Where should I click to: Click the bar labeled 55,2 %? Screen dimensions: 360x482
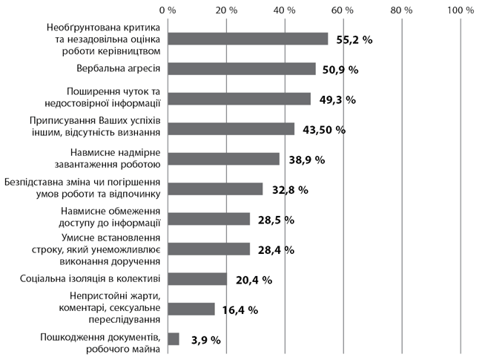[x=248, y=39]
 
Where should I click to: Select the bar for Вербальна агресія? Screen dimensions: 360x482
[x=242, y=69]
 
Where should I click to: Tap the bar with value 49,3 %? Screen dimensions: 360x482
[x=239, y=99]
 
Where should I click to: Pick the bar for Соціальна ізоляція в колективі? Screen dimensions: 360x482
[x=197, y=279]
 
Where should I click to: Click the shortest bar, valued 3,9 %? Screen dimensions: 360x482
[x=174, y=339]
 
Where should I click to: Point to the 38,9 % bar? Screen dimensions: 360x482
[x=224, y=159]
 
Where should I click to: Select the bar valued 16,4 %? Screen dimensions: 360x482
[x=191, y=309]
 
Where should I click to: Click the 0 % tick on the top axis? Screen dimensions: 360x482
[x=168, y=10]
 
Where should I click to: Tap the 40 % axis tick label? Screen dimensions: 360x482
[x=285, y=10]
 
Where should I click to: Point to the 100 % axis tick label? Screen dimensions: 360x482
[x=460, y=10]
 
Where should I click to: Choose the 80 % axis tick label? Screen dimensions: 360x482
[x=401, y=10]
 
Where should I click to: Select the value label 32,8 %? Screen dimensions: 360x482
[x=290, y=190]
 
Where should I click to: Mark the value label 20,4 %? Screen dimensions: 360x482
[x=254, y=281]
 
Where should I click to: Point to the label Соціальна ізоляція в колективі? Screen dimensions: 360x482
[x=88, y=279]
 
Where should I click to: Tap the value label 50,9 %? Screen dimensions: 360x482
[x=340, y=70]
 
